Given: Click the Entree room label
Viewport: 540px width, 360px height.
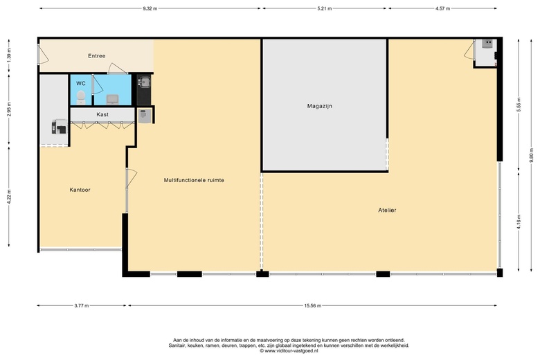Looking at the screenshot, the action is click(x=96, y=56).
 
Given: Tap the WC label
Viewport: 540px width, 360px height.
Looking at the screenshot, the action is click(x=81, y=83).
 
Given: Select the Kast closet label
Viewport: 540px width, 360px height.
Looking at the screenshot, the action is click(x=102, y=114).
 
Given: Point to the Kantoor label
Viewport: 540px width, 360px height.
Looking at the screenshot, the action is click(x=80, y=190).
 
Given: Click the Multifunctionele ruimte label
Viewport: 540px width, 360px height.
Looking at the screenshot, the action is click(x=194, y=180).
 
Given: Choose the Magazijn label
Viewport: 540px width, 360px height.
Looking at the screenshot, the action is click(x=320, y=106).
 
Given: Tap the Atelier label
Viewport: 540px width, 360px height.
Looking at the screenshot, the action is click(x=387, y=210).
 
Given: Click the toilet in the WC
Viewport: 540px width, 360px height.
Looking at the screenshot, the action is click(x=80, y=98).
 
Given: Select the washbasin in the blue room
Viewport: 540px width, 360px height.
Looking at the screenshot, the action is click(x=112, y=100).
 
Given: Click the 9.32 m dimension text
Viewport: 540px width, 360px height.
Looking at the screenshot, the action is click(x=150, y=8).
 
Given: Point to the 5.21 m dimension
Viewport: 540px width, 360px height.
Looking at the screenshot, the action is click(x=325, y=8).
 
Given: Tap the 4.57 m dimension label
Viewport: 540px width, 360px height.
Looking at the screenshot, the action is click(x=442, y=8).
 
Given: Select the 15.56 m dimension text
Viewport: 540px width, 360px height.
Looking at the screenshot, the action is click(x=313, y=305).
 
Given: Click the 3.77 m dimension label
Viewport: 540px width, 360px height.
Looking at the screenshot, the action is click(x=82, y=305).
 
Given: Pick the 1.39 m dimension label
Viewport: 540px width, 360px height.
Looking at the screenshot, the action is click(x=9, y=55).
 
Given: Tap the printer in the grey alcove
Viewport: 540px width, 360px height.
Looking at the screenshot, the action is click(x=59, y=127).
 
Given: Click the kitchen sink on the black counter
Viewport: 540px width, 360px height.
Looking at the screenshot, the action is click(x=144, y=82).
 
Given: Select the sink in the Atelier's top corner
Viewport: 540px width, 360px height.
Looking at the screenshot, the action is click(x=487, y=44).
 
